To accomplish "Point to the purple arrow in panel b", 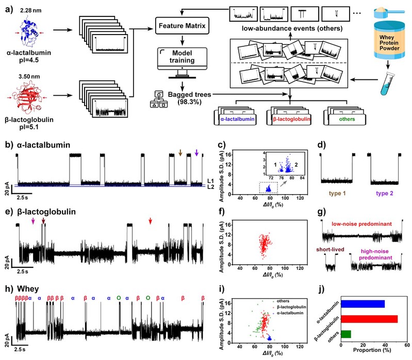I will [197, 152].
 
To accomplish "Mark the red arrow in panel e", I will [151, 220].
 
